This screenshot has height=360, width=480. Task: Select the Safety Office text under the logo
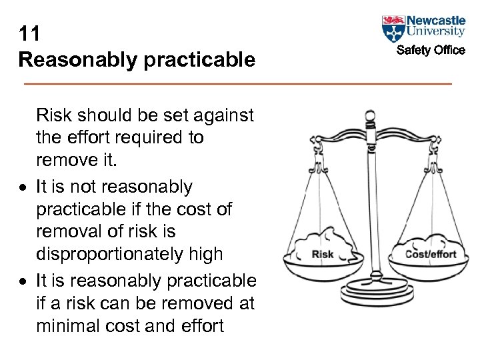pyautogui.click(x=431, y=50)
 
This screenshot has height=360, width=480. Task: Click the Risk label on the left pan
pyautogui.click(x=323, y=254)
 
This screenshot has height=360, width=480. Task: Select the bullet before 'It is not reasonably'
pyautogui.click(x=23, y=187)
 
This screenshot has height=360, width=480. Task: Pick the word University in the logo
pyautogui.click(x=436, y=31)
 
